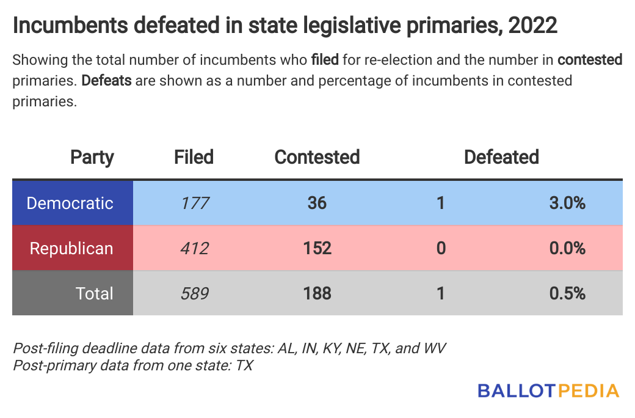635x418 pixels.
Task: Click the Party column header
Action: [92, 157]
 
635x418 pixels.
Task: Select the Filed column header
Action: [194, 157]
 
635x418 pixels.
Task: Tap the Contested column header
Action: [317, 157]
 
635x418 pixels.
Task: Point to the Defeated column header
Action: [501, 157]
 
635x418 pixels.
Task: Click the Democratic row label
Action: [70, 203]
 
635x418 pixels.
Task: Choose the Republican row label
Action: [71, 248]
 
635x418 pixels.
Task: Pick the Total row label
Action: [95, 293]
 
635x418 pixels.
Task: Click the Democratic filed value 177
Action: [195, 203]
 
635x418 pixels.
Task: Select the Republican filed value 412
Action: [195, 248]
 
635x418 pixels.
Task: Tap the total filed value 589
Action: [195, 293]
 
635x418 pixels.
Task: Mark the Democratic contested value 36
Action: [317, 203]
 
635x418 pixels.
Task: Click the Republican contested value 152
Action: [317, 248]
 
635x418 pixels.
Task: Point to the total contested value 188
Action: [317, 293]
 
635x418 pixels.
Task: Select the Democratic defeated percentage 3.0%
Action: [567, 203]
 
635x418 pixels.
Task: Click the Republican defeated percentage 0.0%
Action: [567, 248]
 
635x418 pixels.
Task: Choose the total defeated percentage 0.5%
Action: [567, 293]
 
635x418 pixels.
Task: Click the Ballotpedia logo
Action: [548, 391]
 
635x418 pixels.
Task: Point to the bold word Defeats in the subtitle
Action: [107, 81]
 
